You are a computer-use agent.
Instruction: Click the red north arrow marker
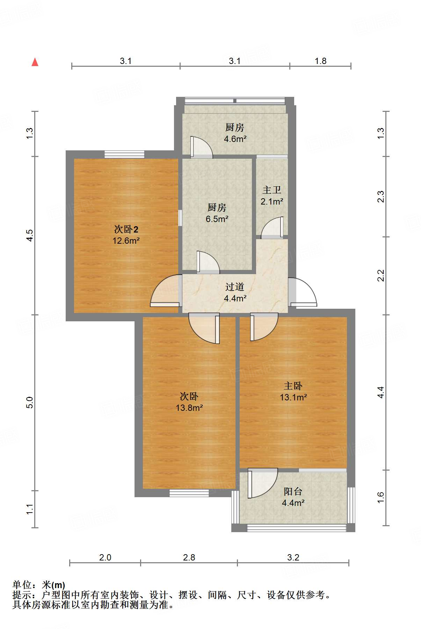[x=35, y=62]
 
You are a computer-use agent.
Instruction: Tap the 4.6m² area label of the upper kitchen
[x=235, y=139]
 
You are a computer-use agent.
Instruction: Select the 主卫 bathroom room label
[x=272, y=190]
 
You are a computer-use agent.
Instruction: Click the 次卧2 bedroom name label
[x=126, y=229]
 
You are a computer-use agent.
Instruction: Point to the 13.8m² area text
[x=189, y=408]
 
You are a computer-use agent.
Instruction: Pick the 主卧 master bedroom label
[x=293, y=386]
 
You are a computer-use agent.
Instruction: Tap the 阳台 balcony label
[x=293, y=491]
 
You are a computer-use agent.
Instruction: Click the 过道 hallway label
[x=234, y=287]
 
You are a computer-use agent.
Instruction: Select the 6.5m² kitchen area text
[x=217, y=219]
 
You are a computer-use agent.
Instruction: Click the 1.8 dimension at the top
[x=320, y=61]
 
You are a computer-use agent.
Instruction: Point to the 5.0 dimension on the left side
[x=30, y=402]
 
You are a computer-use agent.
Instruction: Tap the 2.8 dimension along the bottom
[x=189, y=557]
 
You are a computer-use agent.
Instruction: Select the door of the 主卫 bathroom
[x=272, y=228]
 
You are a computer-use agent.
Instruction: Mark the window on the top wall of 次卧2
[x=124, y=154]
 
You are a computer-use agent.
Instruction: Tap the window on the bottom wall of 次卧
[x=189, y=493]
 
